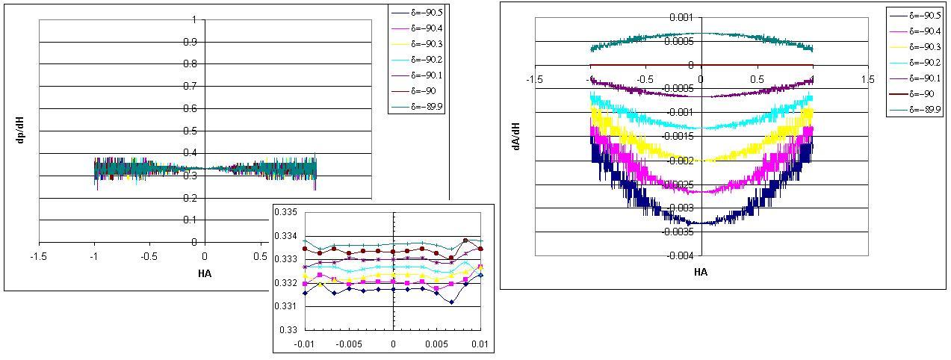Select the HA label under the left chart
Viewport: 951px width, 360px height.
click(205, 273)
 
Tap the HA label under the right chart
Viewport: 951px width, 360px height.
click(700, 273)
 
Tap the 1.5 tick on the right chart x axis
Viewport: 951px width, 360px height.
click(867, 79)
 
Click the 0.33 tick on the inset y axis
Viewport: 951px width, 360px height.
click(289, 329)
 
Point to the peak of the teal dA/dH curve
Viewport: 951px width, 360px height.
click(700, 33)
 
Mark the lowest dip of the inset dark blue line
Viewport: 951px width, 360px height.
click(452, 302)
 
